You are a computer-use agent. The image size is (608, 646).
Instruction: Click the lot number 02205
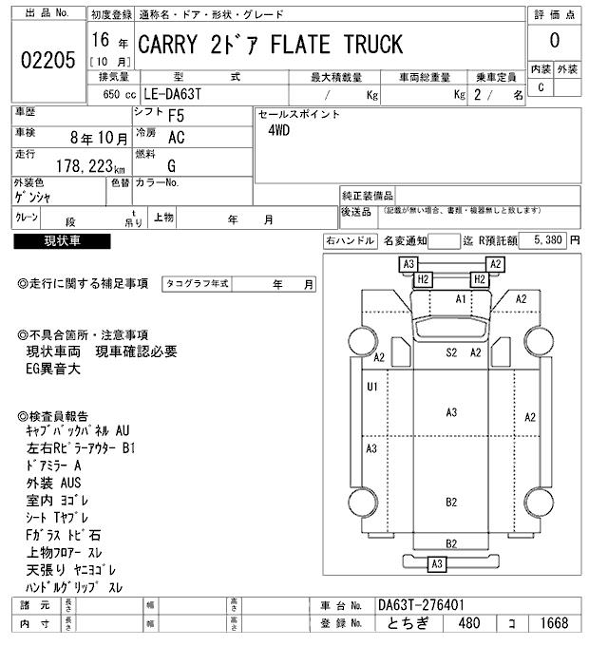(47, 60)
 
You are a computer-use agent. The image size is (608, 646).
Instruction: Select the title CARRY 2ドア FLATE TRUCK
(271, 45)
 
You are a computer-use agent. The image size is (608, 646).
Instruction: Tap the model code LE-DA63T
(184, 95)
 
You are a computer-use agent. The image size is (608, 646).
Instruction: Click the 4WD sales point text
(278, 131)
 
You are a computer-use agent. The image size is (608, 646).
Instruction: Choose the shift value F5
(177, 116)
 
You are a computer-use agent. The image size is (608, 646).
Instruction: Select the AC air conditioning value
(177, 138)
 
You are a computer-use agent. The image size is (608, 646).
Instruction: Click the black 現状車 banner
(63, 241)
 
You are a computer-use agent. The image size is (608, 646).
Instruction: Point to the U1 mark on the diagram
(372, 387)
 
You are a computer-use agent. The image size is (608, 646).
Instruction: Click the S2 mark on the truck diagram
(452, 352)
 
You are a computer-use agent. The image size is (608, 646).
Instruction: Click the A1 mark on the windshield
(461, 299)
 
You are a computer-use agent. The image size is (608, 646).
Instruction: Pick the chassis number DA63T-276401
(421, 605)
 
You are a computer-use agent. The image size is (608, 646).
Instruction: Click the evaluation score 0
(554, 41)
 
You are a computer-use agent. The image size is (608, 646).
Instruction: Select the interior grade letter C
(541, 87)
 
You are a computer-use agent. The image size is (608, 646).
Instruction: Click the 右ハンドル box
(351, 241)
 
